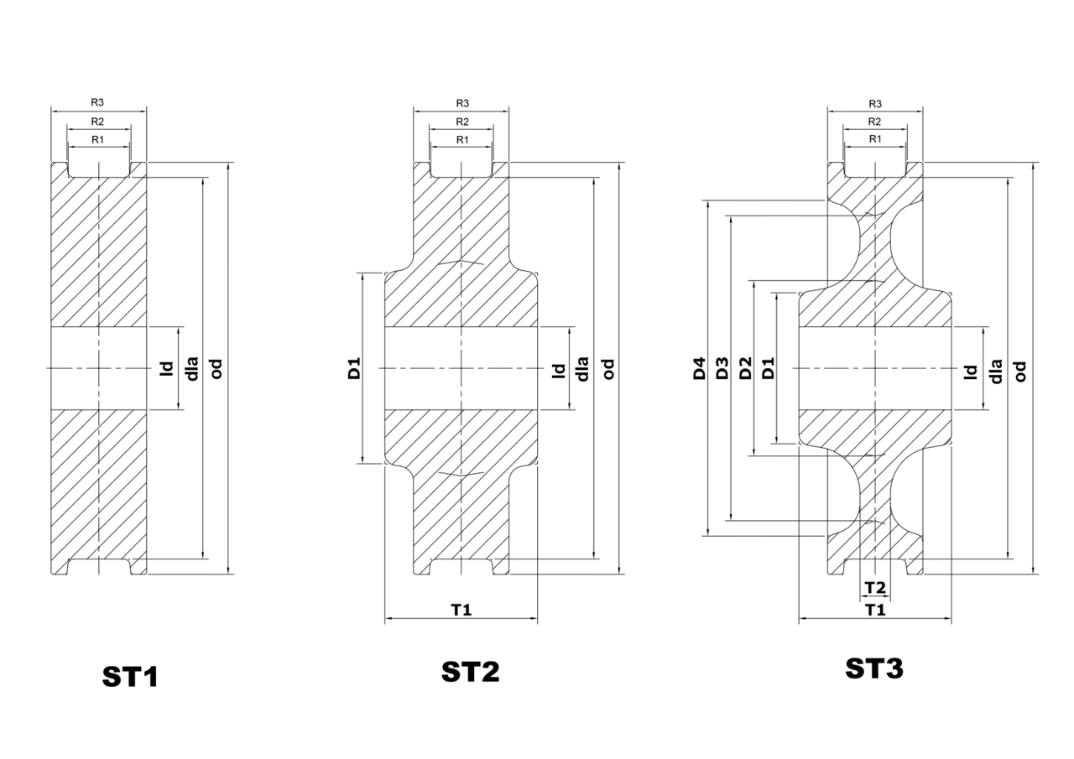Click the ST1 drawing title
[130, 677]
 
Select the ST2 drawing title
[471, 671]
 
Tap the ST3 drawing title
[874, 668]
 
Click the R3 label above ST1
[97, 102]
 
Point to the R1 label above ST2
[462, 140]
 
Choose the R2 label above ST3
[874, 122]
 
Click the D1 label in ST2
[354, 368]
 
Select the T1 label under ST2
[461, 610]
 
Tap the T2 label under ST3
[875, 587]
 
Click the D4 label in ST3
[700, 368]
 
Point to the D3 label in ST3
[722, 368]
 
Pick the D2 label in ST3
[745, 368]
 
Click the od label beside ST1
[216, 369]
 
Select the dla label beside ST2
[582, 369]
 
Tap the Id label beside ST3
[971, 372]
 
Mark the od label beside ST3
[1021, 372]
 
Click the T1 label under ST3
[875, 610]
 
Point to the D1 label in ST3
[768, 368]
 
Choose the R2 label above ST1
[97, 122]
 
